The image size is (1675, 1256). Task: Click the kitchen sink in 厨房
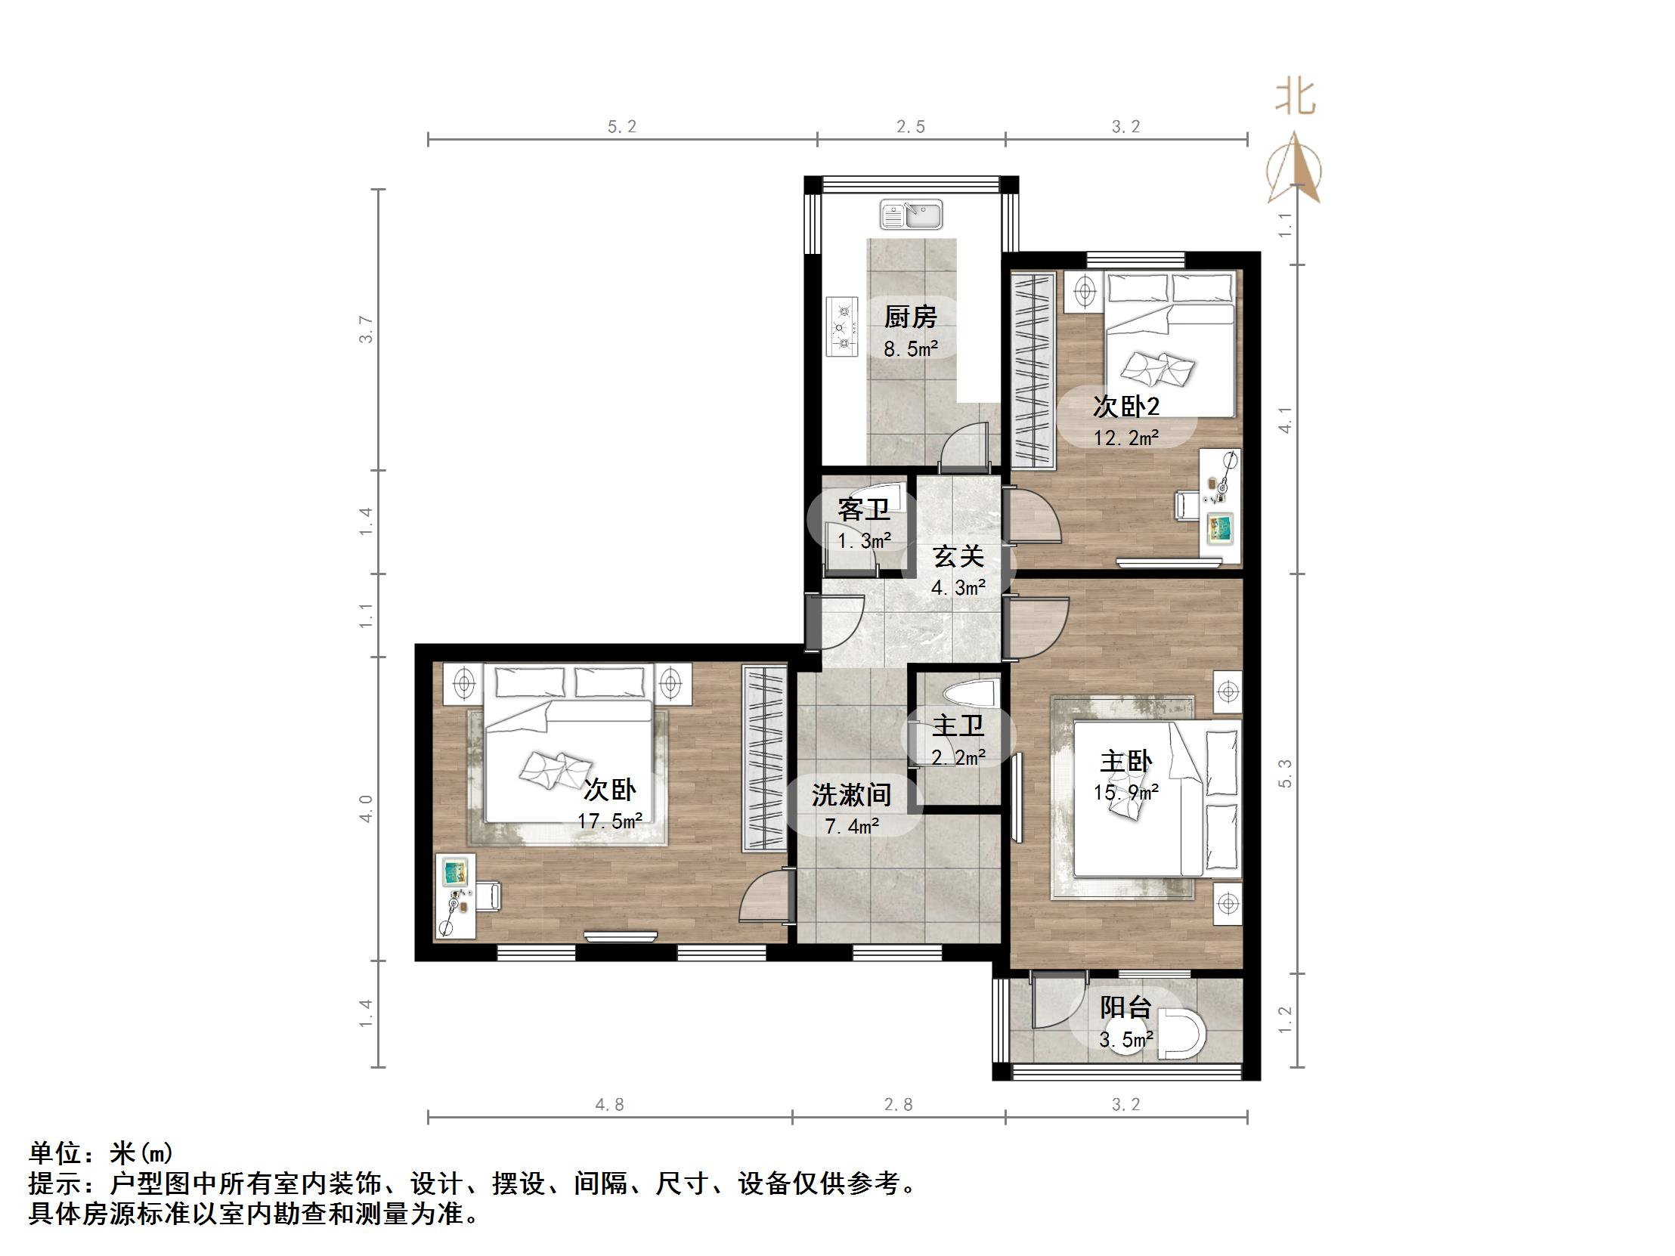911,215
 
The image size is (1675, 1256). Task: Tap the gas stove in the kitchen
841,327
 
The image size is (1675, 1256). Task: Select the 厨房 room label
910,317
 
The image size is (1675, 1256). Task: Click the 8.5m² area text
911,349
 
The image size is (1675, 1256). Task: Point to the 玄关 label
958,556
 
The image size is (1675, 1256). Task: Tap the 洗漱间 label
851,795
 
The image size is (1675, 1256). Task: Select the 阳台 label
1126,1007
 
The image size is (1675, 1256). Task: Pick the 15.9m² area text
1126,793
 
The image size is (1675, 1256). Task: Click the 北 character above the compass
1296,97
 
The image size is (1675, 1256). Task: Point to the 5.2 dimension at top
621,126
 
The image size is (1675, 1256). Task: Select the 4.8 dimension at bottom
609,1105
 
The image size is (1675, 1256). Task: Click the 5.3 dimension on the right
1285,773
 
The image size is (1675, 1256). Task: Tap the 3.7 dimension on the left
366,329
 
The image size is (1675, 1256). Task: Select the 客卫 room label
864,509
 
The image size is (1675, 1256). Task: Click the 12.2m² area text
1126,438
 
